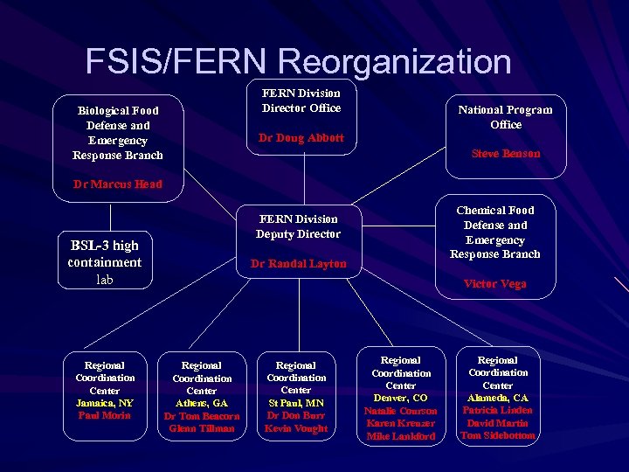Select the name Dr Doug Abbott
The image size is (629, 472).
[301, 138]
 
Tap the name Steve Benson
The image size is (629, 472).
[506, 154]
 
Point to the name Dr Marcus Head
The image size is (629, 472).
[118, 184]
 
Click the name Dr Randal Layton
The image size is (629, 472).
[298, 264]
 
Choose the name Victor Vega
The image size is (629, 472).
[494, 284]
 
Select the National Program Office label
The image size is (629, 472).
[506, 117]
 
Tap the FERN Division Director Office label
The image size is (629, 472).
[301, 101]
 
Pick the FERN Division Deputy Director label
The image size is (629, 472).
[298, 226]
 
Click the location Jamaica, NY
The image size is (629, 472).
[105, 403]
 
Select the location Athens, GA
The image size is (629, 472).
[202, 404]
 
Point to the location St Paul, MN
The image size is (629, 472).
[296, 403]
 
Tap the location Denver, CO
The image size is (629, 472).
[401, 398]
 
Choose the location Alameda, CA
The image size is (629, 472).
[497, 398]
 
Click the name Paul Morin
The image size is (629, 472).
[105, 415]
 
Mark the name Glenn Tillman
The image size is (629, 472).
[202, 428]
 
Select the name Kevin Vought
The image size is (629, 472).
[296, 428]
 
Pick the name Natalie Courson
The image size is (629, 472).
[401, 411]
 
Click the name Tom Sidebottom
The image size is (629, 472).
[497, 435]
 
